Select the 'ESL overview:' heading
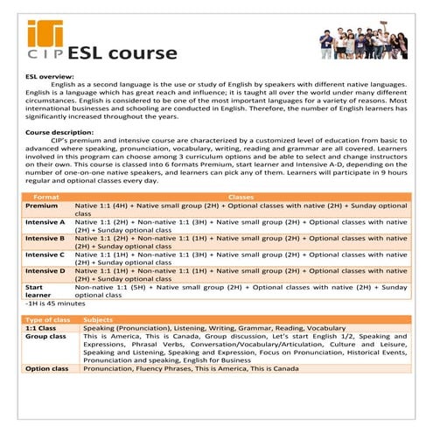click(x=50, y=76)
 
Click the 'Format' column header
click(x=45, y=197)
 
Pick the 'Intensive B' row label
click(x=45, y=237)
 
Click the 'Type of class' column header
click(x=47, y=319)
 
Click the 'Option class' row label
click(x=47, y=368)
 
